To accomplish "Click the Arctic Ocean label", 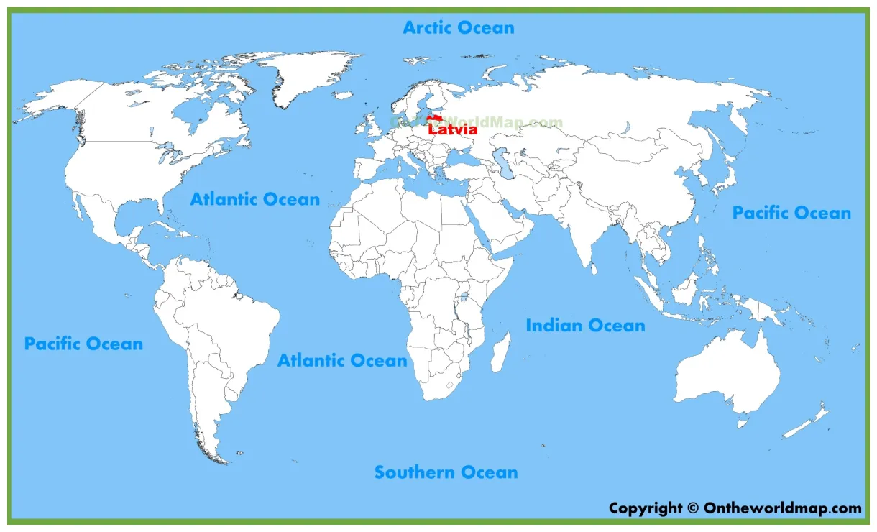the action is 458,28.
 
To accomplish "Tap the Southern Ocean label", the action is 446,472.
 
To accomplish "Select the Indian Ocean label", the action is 585,326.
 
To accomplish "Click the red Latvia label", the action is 453,130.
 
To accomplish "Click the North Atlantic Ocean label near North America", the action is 254,199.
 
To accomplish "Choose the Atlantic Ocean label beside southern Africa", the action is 342,361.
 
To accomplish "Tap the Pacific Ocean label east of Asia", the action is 791,213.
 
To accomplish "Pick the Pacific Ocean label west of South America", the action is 83,344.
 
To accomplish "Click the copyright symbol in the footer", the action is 692,508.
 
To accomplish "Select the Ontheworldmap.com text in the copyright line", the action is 784,508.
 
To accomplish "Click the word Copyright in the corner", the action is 644,508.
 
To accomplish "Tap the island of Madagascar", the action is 501,353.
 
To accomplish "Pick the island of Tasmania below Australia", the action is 742,423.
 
